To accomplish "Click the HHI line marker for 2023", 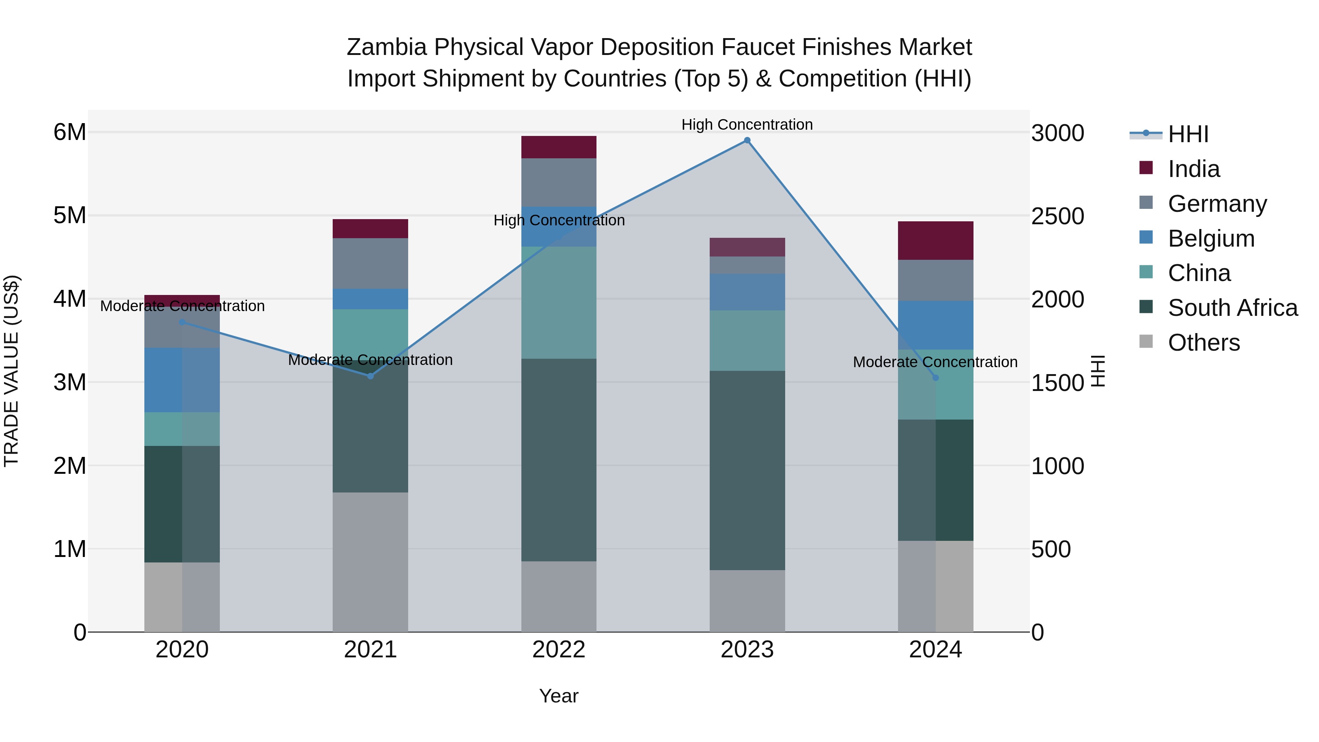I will click(747, 140).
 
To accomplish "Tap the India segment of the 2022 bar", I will click(559, 147).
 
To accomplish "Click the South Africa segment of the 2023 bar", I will click(747, 470).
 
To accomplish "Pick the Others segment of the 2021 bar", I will click(370, 562).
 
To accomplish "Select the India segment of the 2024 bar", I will click(935, 241).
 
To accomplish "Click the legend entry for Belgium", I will click(1211, 239).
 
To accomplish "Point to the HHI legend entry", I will click(1188, 134).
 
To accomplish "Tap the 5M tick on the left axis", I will click(70, 215).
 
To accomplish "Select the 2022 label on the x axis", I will click(559, 650).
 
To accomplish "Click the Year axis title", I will click(559, 696).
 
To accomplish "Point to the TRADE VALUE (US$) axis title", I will click(12, 371).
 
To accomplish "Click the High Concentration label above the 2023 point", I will click(747, 125).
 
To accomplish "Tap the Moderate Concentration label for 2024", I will click(935, 362).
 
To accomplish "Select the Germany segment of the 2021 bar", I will click(370, 263).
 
